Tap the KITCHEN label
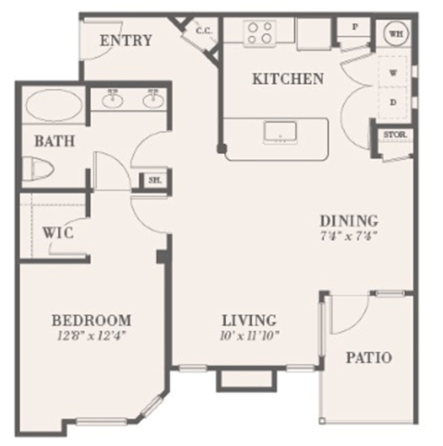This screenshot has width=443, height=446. [x=287, y=79]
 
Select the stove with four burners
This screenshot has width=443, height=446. [x=259, y=34]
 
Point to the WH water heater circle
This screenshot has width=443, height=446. [x=396, y=33]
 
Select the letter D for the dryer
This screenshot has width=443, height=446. [x=392, y=101]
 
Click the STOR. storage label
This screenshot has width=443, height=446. [x=392, y=135]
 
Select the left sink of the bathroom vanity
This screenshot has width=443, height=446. [x=114, y=99]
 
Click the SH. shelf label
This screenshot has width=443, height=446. [x=152, y=182]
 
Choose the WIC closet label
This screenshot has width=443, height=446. [x=57, y=233]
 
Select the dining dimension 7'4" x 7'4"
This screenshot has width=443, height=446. [x=348, y=237]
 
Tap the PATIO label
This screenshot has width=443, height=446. [x=368, y=357]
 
